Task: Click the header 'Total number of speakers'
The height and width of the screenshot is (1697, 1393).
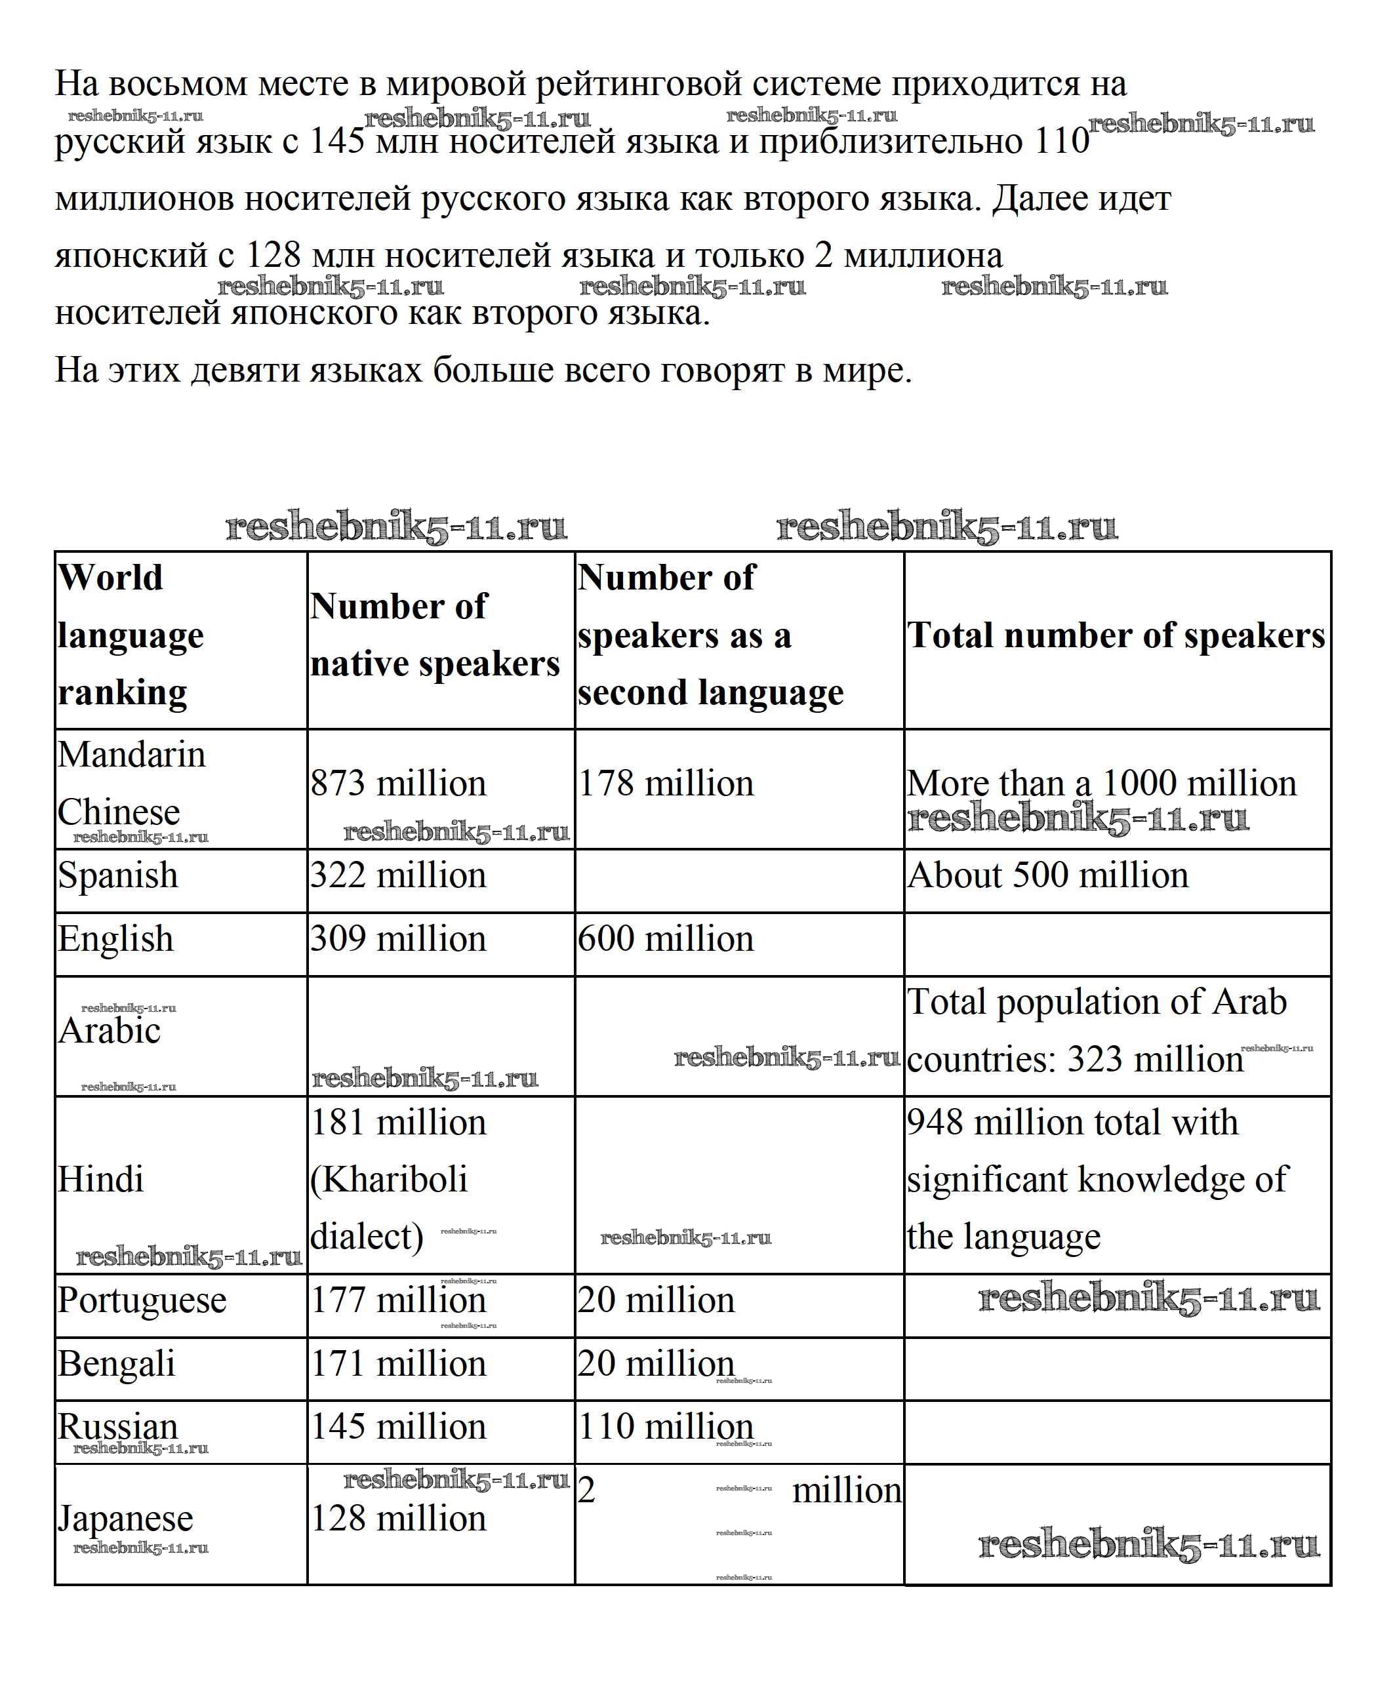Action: pyautogui.click(x=1116, y=635)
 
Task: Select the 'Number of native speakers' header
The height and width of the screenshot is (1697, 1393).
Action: pyautogui.click(x=434, y=635)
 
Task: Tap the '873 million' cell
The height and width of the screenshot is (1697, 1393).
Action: pyautogui.click(x=398, y=784)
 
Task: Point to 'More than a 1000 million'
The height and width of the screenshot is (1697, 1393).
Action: pyautogui.click(x=1101, y=784)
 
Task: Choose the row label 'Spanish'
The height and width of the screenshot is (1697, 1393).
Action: pyautogui.click(x=117, y=875)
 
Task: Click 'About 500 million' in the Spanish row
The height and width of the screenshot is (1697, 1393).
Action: pyautogui.click(x=1047, y=875)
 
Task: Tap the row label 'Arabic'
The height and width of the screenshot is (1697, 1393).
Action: pyautogui.click(x=109, y=1031)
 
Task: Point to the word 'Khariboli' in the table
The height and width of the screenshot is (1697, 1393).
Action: pyautogui.click(x=388, y=1180)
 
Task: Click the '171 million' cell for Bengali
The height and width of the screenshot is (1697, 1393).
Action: pyautogui.click(x=398, y=1364)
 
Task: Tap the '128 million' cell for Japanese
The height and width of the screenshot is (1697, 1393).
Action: pyautogui.click(x=398, y=1519)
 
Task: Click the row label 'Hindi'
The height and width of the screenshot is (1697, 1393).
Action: pyautogui.click(x=100, y=1180)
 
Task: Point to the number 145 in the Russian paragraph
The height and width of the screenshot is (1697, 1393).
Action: pyautogui.click(x=337, y=141)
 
